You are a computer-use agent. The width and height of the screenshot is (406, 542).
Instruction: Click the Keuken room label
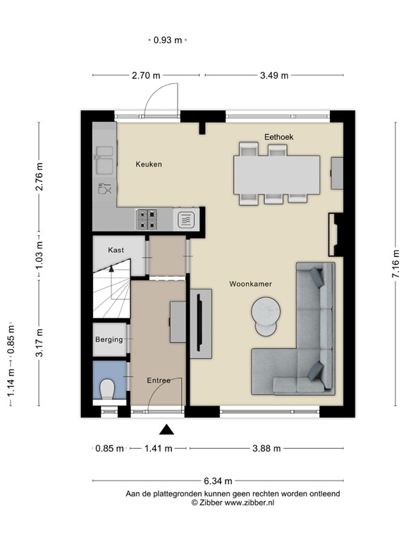pos(149,164)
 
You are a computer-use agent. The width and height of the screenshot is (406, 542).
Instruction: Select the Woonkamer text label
pos(250,284)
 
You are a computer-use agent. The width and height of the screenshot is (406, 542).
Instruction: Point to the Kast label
pos(116,251)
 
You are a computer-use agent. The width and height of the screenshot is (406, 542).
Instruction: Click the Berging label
pos(109,339)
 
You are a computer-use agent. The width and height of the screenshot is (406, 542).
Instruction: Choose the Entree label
pos(159,380)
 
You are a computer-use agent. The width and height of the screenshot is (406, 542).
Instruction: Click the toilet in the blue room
pos(108,389)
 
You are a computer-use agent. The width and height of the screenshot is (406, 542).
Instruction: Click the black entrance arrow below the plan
pos(166,429)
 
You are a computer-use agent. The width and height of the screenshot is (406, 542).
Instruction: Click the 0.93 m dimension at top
pos(168,40)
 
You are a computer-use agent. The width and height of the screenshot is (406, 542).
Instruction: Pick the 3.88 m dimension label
pos(267,448)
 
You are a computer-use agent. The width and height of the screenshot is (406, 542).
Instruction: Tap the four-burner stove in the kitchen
pos(148,218)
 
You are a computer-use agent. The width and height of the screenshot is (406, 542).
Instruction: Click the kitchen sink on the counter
pos(104,159)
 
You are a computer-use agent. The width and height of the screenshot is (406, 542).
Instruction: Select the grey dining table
pos(276,174)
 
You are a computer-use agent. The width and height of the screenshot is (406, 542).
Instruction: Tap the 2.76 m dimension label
pos(39,177)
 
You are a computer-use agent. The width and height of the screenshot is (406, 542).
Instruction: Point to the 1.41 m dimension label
pos(159,448)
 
